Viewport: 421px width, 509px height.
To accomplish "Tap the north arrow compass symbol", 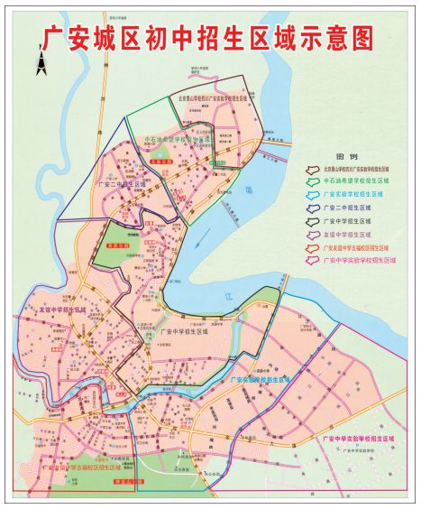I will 41,61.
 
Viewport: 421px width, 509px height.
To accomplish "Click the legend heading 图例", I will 345,154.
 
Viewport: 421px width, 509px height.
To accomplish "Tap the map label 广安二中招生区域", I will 122,180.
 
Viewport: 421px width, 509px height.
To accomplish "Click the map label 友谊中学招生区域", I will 63,310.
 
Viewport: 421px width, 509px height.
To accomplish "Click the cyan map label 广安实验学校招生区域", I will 261,380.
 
